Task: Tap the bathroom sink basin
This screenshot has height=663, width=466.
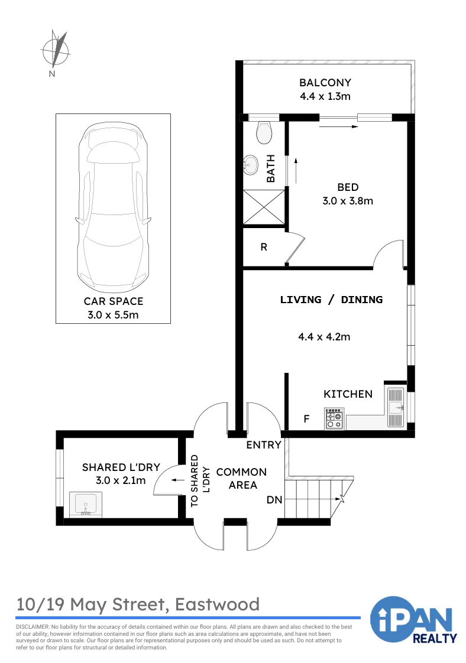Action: coord(251,165)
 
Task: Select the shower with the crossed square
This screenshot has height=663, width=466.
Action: coord(264,207)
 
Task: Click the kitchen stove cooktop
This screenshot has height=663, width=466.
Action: coord(334,418)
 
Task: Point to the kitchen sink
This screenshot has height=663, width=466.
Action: coord(396,407)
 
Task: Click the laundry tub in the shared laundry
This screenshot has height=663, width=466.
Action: coord(86,505)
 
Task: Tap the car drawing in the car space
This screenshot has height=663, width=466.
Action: coord(114,207)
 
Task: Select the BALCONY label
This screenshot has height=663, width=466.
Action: coord(325,83)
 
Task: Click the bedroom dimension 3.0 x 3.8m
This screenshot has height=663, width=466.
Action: coord(348,201)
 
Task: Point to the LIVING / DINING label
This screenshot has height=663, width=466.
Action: coord(331,300)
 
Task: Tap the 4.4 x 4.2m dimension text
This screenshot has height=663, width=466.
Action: coord(324,337)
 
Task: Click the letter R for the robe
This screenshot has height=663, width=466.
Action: coord(264,247)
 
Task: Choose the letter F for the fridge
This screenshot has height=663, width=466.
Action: coord(306,418)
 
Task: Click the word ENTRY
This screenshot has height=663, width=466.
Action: coord(264,445)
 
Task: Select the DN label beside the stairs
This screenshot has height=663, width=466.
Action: coord(274,500)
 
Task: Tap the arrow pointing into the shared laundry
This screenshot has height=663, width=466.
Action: coord(177,480)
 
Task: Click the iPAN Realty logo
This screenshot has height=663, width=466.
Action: coord(413,619)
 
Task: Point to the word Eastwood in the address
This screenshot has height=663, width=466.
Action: coord(217,604)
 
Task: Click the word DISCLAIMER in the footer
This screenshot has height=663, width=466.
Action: coord(33,626)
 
